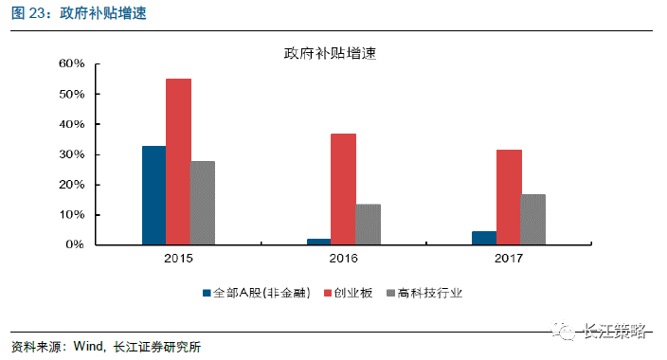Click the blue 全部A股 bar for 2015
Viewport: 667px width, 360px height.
(x=153, y=195)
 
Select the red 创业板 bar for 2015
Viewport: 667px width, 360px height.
(x=178, y=161)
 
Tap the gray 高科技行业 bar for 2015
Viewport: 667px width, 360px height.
(x=203, y=203)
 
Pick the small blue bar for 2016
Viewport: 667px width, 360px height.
(x=318, y=242)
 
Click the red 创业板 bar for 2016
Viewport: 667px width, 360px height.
(x=343, y=189)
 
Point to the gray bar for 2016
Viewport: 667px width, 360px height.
(x=368, y=225)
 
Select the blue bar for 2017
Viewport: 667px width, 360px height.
(x=484, y=238)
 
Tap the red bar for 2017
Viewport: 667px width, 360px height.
(x=509, y=197)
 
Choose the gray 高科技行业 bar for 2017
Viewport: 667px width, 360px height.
(x=533, y=220)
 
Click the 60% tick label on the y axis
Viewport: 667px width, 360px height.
(x=72, y=64)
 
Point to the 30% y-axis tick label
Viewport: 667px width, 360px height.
(x=72, y=154)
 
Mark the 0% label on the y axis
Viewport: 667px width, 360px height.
(x=76, y=244)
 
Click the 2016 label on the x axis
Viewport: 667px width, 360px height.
(x=343, y=259)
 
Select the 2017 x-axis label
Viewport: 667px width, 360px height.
(x=509, y=259)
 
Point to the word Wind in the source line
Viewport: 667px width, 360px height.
(x=90, y=347)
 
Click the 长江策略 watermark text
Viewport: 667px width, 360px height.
(x=616, y=331)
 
